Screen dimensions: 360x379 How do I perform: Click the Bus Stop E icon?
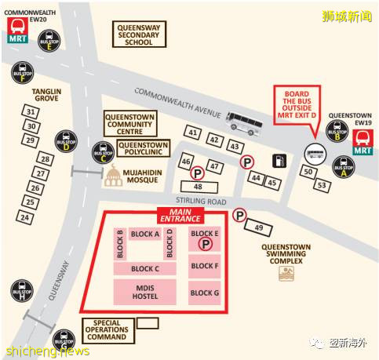tap(50, 41)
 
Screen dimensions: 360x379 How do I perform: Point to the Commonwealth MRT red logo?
tap(16, 33)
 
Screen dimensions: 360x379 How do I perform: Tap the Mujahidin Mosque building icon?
tap(115, 176)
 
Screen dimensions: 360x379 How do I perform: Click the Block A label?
tap(146, 234)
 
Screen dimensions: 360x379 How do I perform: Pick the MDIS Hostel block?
tap(146, 292)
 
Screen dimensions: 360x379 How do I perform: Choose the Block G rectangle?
tap(206, 293)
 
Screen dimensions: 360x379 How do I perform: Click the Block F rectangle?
tap(206, 266)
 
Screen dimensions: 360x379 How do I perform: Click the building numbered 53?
tap(321, 185)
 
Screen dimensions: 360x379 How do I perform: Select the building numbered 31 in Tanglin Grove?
tap(31, 113)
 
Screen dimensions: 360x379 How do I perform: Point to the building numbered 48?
tap(198, 187)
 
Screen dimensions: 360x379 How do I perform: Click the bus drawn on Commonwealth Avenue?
tap(243, 119)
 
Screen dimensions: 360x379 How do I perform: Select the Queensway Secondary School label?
tap(139, 35)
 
